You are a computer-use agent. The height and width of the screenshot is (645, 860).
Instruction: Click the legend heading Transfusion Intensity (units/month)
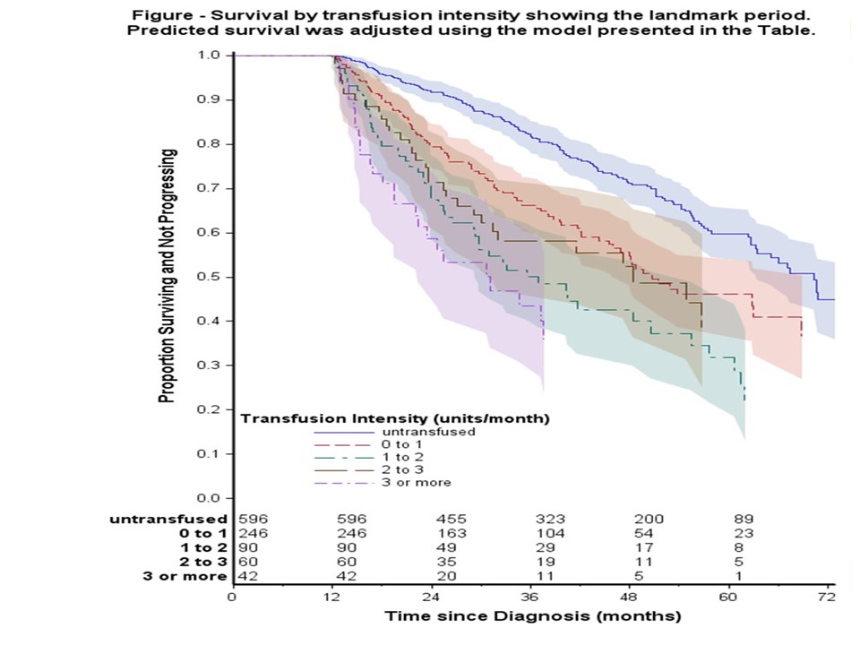396,417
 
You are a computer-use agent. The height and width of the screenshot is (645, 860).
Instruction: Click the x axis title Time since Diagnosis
533,616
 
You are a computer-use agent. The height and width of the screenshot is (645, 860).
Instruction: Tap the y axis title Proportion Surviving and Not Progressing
167,276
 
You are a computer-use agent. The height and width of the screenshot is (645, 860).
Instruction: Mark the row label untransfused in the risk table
168,518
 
